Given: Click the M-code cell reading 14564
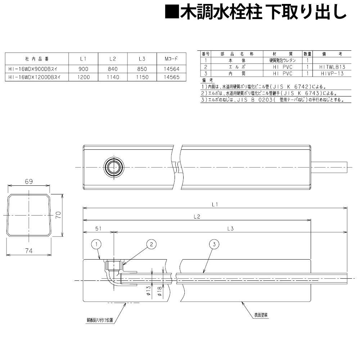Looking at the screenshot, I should coord(169,68).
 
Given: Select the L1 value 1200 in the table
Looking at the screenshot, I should coord(83,77).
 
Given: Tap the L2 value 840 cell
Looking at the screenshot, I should coord(112,68).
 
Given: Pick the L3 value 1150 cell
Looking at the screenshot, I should coord(142,77).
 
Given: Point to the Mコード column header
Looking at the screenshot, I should coord(169,58).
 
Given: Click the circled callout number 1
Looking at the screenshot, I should coord(96,244).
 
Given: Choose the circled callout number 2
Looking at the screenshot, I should coord(152,244).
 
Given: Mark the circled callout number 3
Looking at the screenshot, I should coord(214,244).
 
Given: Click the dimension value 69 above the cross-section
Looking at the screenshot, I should coord(29,182).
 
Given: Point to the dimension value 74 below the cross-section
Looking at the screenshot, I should coord(29,251).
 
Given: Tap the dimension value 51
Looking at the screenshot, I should coord(98,228).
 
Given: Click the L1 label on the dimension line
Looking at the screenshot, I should coord(215,204).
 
